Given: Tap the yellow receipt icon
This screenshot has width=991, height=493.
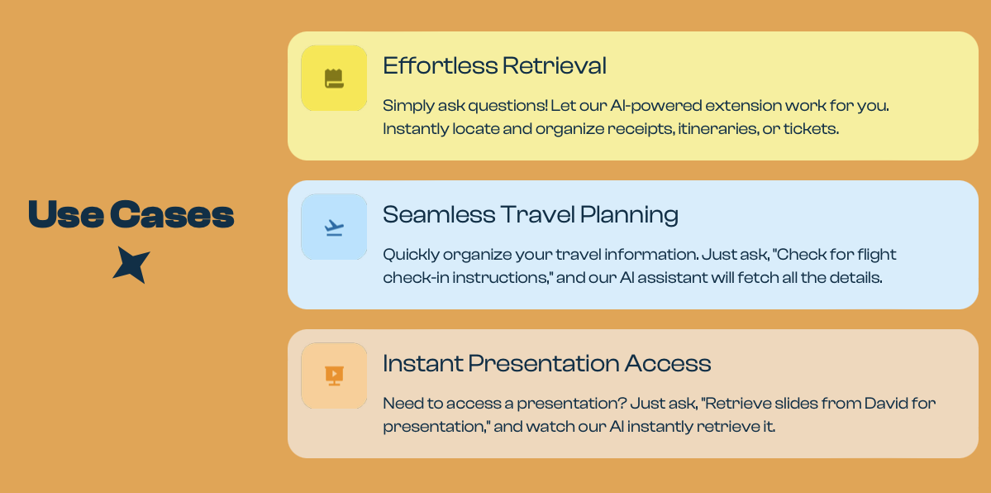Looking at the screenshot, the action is (x=334, y=79).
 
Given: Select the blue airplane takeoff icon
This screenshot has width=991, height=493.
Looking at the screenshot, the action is (x=334, y=227).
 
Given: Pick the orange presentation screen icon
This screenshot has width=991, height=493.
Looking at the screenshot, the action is (x=334, y=376).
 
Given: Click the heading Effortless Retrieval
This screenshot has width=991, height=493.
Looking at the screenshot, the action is (x=495, y=66).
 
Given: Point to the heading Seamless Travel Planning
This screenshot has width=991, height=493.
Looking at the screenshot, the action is (x=531, y=214).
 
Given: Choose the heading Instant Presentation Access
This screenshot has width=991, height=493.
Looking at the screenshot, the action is (x=547, y=363).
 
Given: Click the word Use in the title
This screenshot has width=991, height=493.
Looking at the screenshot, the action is (x=66, y=214).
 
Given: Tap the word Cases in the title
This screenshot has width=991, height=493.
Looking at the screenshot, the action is (x=172, y=214).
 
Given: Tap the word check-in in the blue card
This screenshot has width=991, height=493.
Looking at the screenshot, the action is (x=412, y=278).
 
